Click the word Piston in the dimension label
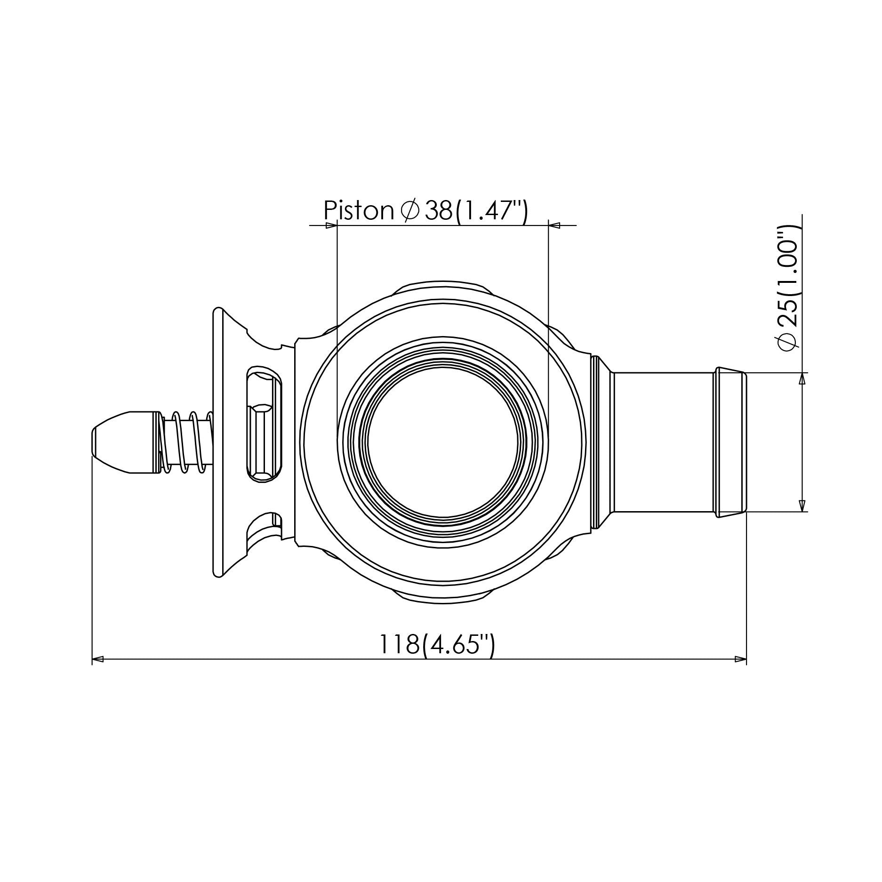358,210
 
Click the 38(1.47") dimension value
476,210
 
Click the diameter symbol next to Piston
409,210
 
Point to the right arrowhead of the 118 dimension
741,659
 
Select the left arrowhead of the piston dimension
331,226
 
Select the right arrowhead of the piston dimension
554,226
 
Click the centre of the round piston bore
442,441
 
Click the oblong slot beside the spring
264,424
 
